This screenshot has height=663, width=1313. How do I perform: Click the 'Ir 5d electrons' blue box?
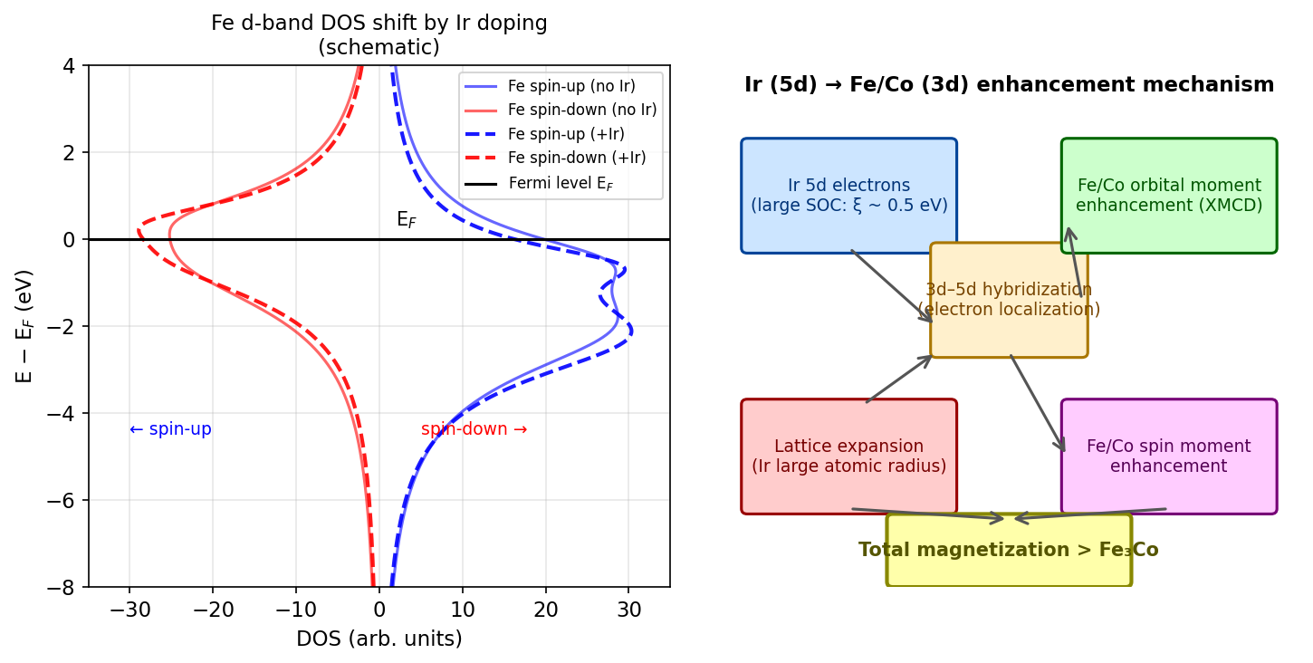point(848,196)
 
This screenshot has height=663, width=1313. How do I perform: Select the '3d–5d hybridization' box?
point(1009,300)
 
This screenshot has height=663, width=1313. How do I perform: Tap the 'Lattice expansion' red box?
point(848,456)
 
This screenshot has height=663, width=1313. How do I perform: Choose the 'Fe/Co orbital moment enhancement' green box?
point(1168,196)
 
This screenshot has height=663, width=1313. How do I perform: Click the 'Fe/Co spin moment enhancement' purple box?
point(1168,456)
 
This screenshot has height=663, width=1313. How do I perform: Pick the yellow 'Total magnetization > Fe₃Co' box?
point(1009,550)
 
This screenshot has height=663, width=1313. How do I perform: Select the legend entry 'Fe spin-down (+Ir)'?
point(576,158)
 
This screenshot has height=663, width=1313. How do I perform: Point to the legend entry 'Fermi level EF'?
point(567,183)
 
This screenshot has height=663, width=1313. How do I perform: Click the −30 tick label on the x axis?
point(129,610)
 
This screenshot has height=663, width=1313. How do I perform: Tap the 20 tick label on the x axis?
point(546,610)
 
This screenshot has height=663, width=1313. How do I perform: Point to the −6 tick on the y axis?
point(69,500)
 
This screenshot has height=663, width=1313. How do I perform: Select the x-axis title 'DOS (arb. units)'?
point(379,639)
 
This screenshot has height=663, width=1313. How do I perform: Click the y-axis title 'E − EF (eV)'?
point(24,326)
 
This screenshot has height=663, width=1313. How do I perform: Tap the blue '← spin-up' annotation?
point(170,429)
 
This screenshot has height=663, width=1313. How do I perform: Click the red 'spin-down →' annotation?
point(474,429)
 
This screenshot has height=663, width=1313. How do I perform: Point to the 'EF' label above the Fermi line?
point(407,219)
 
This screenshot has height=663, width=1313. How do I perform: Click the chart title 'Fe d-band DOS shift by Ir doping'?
point(379,24)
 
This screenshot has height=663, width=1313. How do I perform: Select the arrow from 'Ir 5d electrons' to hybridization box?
point(892,285)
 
